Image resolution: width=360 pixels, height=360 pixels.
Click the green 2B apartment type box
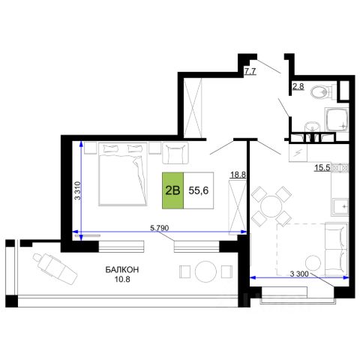coord(172,190)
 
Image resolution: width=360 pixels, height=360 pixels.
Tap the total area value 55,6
coord(199,190)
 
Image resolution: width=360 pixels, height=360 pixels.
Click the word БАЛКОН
coord(122,270)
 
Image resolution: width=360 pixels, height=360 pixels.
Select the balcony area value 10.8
coord(122,279)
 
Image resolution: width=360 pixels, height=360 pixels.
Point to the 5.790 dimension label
coord(160,228)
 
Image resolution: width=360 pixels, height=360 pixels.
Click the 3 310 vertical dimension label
coord(78,190)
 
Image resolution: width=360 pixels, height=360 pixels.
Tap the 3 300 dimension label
coord(299,274)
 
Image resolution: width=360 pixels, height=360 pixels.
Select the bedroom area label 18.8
coord(238,175)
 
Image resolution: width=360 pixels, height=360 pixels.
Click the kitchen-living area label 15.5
coord(322,168)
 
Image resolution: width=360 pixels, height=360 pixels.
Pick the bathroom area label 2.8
coord(298,86)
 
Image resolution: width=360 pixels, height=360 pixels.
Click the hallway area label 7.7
coord(250,72)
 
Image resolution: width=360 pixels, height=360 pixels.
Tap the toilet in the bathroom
coord(323,91)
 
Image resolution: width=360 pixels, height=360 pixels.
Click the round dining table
coord(271,206)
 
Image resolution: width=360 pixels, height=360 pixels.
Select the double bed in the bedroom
coord(122,174)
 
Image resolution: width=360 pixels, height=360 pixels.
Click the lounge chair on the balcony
coord(55,268)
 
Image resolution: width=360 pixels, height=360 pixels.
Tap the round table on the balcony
coord(205,271)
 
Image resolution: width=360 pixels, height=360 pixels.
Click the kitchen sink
coord(340,207)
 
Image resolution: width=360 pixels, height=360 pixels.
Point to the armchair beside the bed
coord(175,153)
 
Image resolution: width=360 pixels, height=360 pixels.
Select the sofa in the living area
coord(336,249)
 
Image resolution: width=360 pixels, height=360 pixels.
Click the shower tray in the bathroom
coord(337,120)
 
